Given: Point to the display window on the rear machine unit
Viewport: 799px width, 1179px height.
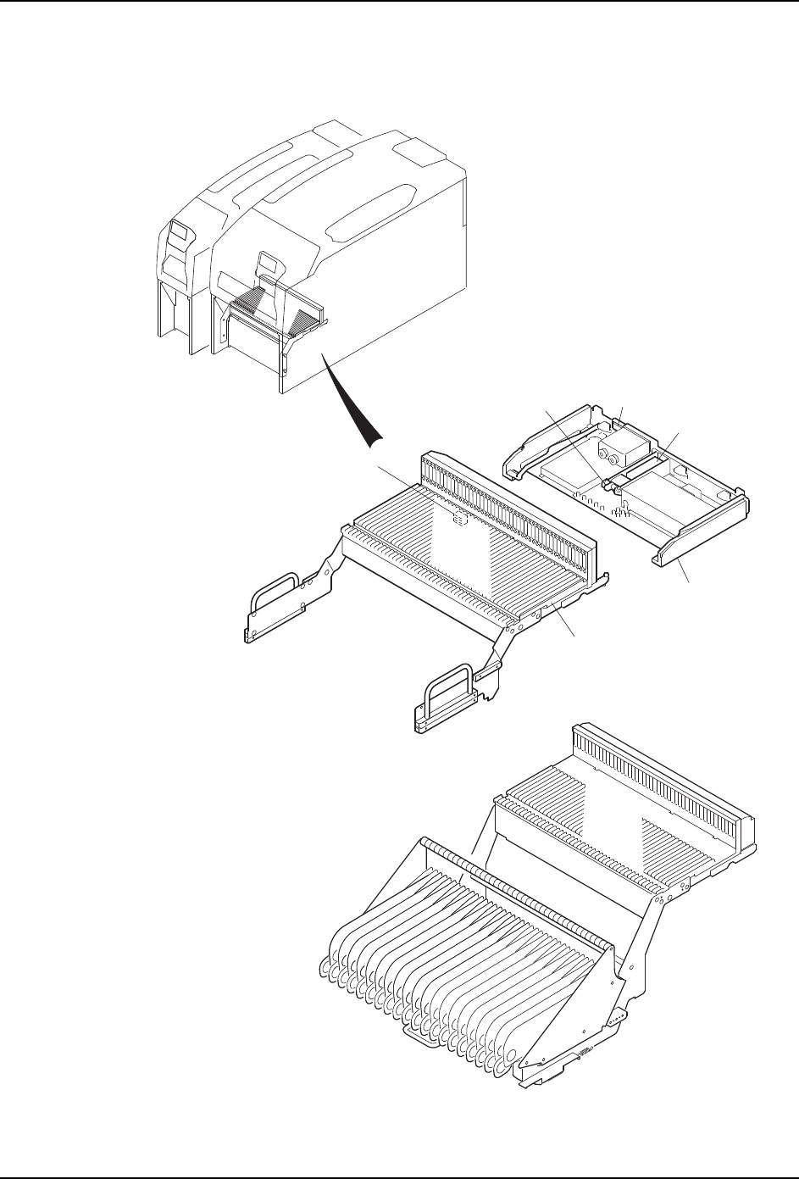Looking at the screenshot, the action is [179, 231].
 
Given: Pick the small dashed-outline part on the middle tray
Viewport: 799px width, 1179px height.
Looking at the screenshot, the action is [458, 519].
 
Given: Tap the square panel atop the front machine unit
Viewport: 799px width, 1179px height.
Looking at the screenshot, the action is [416, 155].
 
